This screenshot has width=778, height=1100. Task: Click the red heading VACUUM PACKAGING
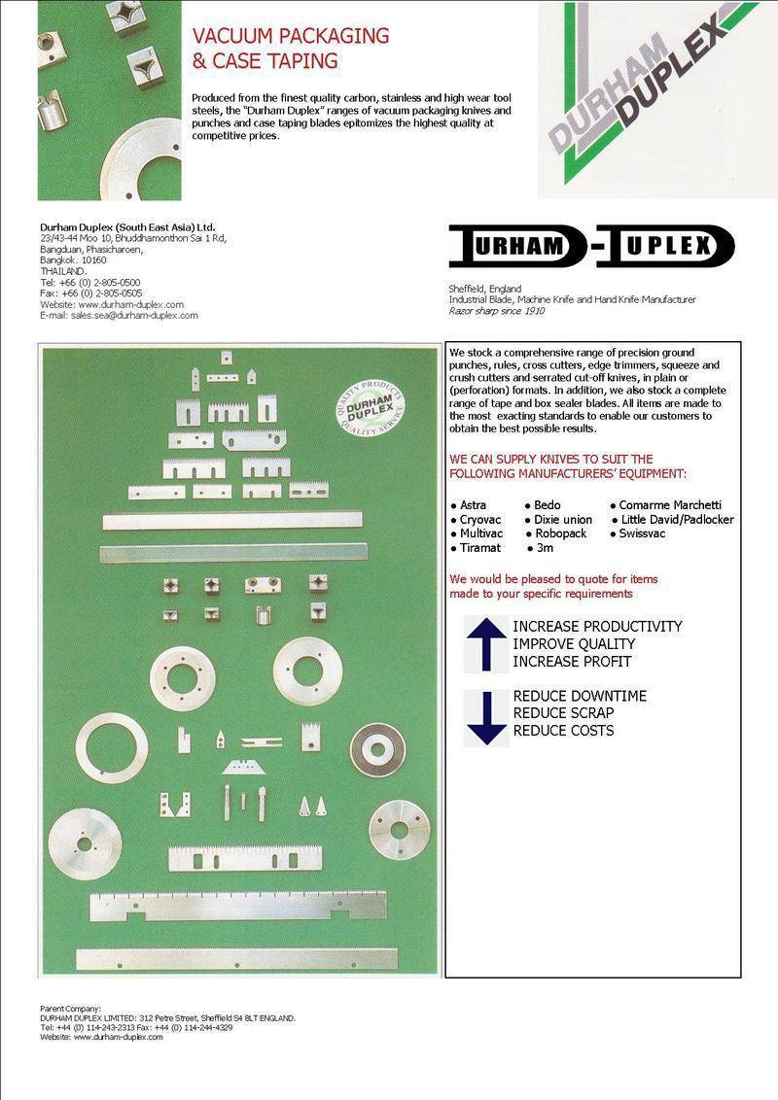point(291,36)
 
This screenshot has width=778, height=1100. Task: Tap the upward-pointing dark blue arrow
point(486,644)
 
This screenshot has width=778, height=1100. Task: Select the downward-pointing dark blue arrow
point(486,718)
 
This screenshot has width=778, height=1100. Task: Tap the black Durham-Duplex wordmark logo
point(591,246)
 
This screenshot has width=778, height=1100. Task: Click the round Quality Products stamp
point(370,408)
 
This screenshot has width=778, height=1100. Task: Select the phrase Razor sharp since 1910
point(496,311)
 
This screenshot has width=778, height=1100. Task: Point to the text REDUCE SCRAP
point(563,712)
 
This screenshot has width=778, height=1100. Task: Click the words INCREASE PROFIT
point(572,662)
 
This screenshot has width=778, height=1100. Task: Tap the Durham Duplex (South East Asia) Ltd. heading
point(127,227)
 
